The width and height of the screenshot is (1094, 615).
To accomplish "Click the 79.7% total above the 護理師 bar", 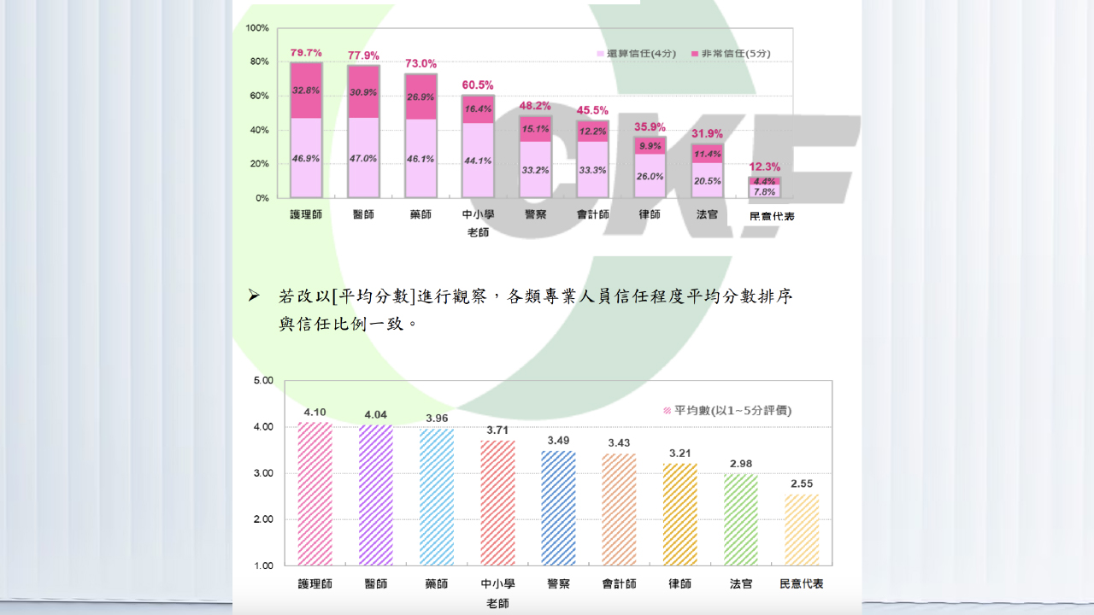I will click(306, 53).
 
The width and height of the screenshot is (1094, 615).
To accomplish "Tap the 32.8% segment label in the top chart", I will click(306, 90).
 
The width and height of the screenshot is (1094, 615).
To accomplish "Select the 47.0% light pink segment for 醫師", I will click(363, 158).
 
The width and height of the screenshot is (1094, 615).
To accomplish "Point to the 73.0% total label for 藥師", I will click(421, 64).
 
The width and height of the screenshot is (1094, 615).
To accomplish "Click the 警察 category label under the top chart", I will click(536, 215).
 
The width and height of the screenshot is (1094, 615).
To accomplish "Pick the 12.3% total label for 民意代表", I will click(765, 167).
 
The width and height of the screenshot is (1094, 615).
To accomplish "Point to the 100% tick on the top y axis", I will click(257, 28).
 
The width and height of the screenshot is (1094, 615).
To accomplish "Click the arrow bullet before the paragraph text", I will click(253, 296).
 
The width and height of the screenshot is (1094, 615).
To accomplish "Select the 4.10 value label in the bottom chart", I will click(315, 412).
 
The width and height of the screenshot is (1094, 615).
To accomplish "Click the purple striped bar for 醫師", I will click(375, 495).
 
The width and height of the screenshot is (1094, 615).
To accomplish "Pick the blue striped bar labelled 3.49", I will click(558, 508).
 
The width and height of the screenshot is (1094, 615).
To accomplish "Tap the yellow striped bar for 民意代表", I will click(802, 530).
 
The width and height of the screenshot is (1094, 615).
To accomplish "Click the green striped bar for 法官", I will click(741, 519).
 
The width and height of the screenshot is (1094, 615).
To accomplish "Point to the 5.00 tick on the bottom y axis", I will click(263, 380).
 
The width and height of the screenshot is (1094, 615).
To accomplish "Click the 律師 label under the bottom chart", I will click(680, 584).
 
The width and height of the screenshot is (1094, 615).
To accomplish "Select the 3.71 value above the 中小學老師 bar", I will click(497, 430).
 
